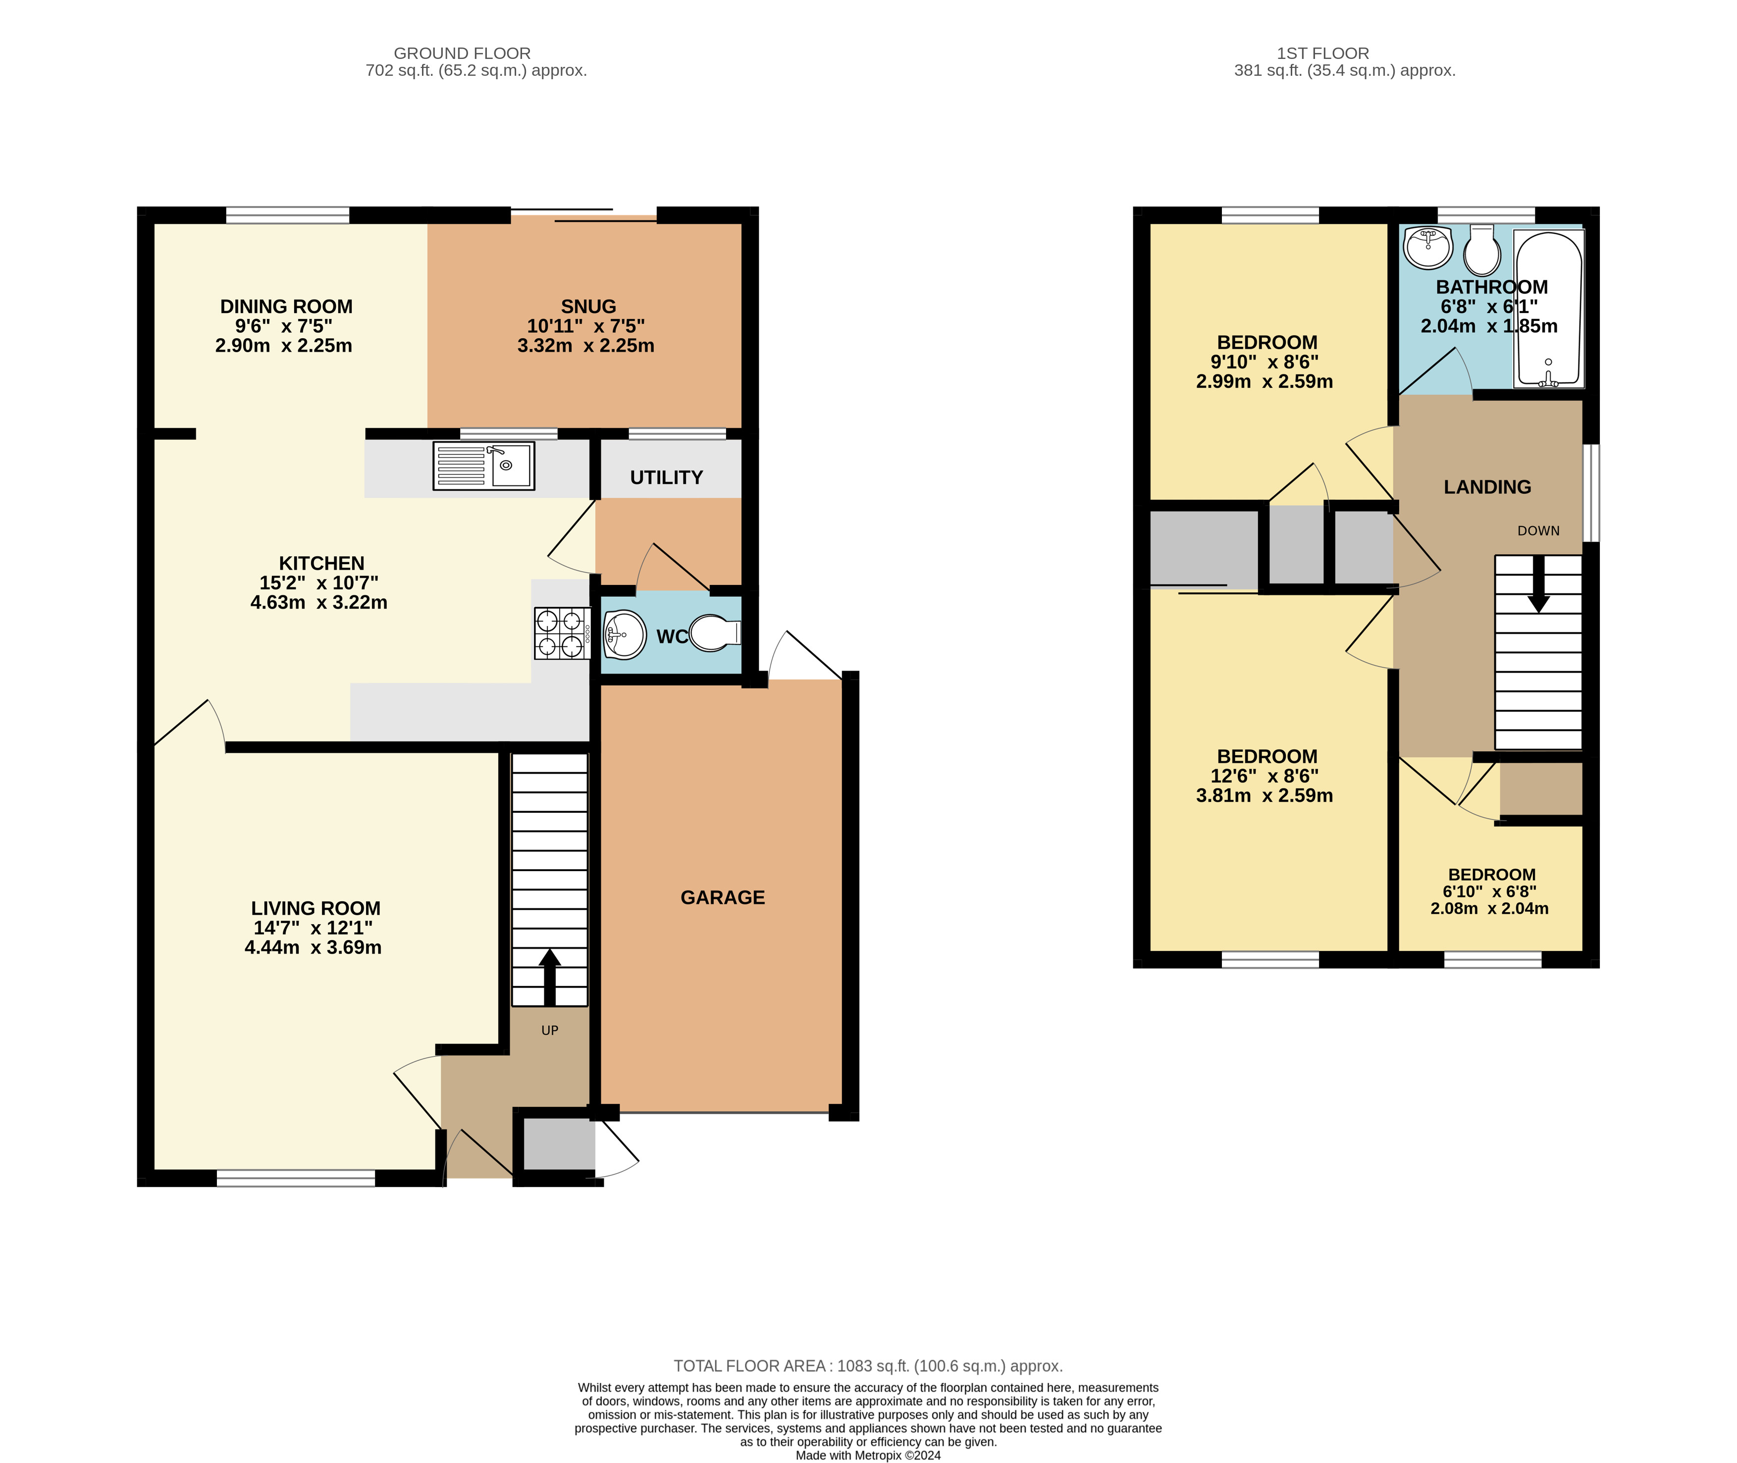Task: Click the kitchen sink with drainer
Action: pyautogui.click(x=483, y=465)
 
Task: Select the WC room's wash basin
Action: pyautogui.click(x=624, y=634)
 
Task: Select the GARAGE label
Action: pyautogui.click(x=723, y=897)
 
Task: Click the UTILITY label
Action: pyautogui.click(x=666, y=478)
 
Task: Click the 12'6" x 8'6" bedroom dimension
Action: pyautogui.click(x=1264, y=776)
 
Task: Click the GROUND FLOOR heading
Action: pyautogui.click(x=462, y=53)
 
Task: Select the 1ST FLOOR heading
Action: pyautogui.click(x=1322, y=53)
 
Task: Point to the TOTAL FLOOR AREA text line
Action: pyautogui.click(x=868, y=1366)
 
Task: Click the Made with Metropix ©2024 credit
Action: pyautogui.click(x=868, y=1455)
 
